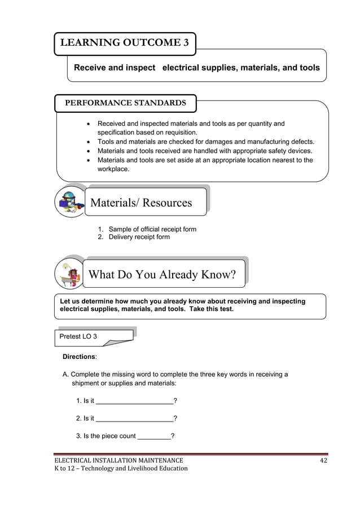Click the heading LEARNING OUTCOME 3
pos(125,43)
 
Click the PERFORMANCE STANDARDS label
pos(125,103)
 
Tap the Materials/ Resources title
pos(141,203)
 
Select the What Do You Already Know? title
pos(162,275)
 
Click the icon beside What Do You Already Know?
pos(70,274)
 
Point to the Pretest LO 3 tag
pos(78,336)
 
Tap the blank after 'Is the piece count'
pos(154,436)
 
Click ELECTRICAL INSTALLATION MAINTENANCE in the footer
pos(118,460)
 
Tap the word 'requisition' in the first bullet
pos(178,133)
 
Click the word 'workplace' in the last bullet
pos(113,169)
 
